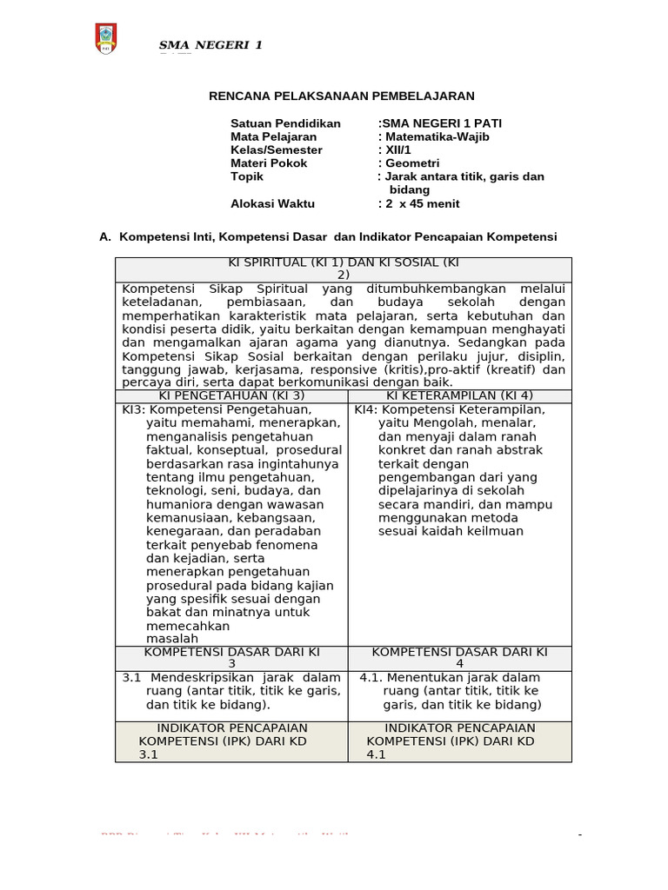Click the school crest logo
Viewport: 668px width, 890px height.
[x=105, y=39]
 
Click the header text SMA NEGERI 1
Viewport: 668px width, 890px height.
[x=210, y=46]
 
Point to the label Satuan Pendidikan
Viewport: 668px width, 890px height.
[x=285, y=123]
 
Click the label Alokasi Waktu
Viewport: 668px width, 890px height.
[x=272, y=203]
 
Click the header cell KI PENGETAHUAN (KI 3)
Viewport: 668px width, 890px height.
[x=231, y=396]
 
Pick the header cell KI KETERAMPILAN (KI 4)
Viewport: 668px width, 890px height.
[x=459, y=396]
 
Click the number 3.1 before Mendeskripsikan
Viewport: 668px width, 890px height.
[x=131, y=677]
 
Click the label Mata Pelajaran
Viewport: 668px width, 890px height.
[x=273, y=136]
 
